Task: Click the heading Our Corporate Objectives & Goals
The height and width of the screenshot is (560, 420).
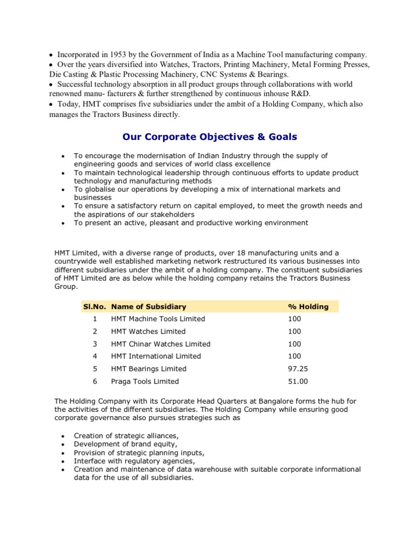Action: click(x=209, y=136)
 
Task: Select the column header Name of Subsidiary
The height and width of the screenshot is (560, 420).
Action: click(x=148, y=307)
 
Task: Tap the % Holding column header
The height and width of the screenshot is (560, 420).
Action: click(x=308, y=307)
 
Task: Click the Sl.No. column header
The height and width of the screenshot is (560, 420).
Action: click(x=95, y=307)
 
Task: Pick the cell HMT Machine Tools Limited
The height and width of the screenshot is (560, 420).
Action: click(x=158, y=319)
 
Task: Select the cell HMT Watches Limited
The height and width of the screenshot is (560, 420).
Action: click(x=148, y=331)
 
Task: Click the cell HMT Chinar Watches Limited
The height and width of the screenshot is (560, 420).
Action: click(x=160, y=344)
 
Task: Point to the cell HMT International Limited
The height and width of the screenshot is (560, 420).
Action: click(x=156, y=356)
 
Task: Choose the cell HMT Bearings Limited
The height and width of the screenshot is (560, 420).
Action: click(x=149, y=369)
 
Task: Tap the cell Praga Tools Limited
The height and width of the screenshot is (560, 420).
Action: click(x=145, y=381)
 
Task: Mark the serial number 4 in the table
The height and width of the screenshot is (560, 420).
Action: click(x=95, y=356)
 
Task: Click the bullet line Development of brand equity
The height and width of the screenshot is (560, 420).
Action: click(x=126, y=444)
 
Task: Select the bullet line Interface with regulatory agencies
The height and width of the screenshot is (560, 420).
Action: click(x=133, y=461)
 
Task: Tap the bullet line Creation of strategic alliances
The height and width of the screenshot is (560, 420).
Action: click(x=125, y=435)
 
